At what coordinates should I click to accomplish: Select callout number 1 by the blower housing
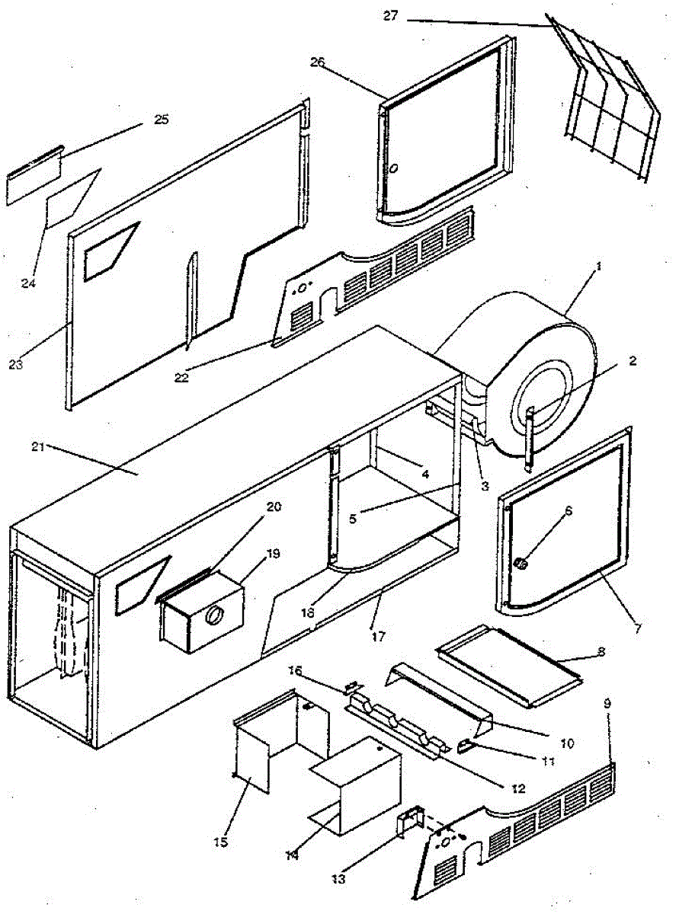[599, 268]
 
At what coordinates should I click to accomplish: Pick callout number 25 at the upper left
[161, 120]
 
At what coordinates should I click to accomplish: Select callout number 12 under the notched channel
[517, 789]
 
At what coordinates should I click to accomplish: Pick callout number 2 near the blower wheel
[633, 362]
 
